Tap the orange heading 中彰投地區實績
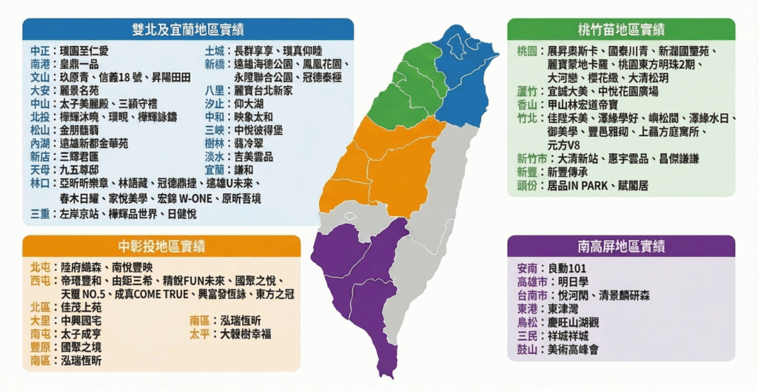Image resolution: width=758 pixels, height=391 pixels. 161,247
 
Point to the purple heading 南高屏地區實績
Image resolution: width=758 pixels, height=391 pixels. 620,247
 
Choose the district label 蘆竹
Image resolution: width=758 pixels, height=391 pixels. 528,91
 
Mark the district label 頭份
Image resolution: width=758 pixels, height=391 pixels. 528,185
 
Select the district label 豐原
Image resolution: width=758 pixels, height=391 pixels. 41,347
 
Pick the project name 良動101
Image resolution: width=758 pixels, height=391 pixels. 570,268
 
